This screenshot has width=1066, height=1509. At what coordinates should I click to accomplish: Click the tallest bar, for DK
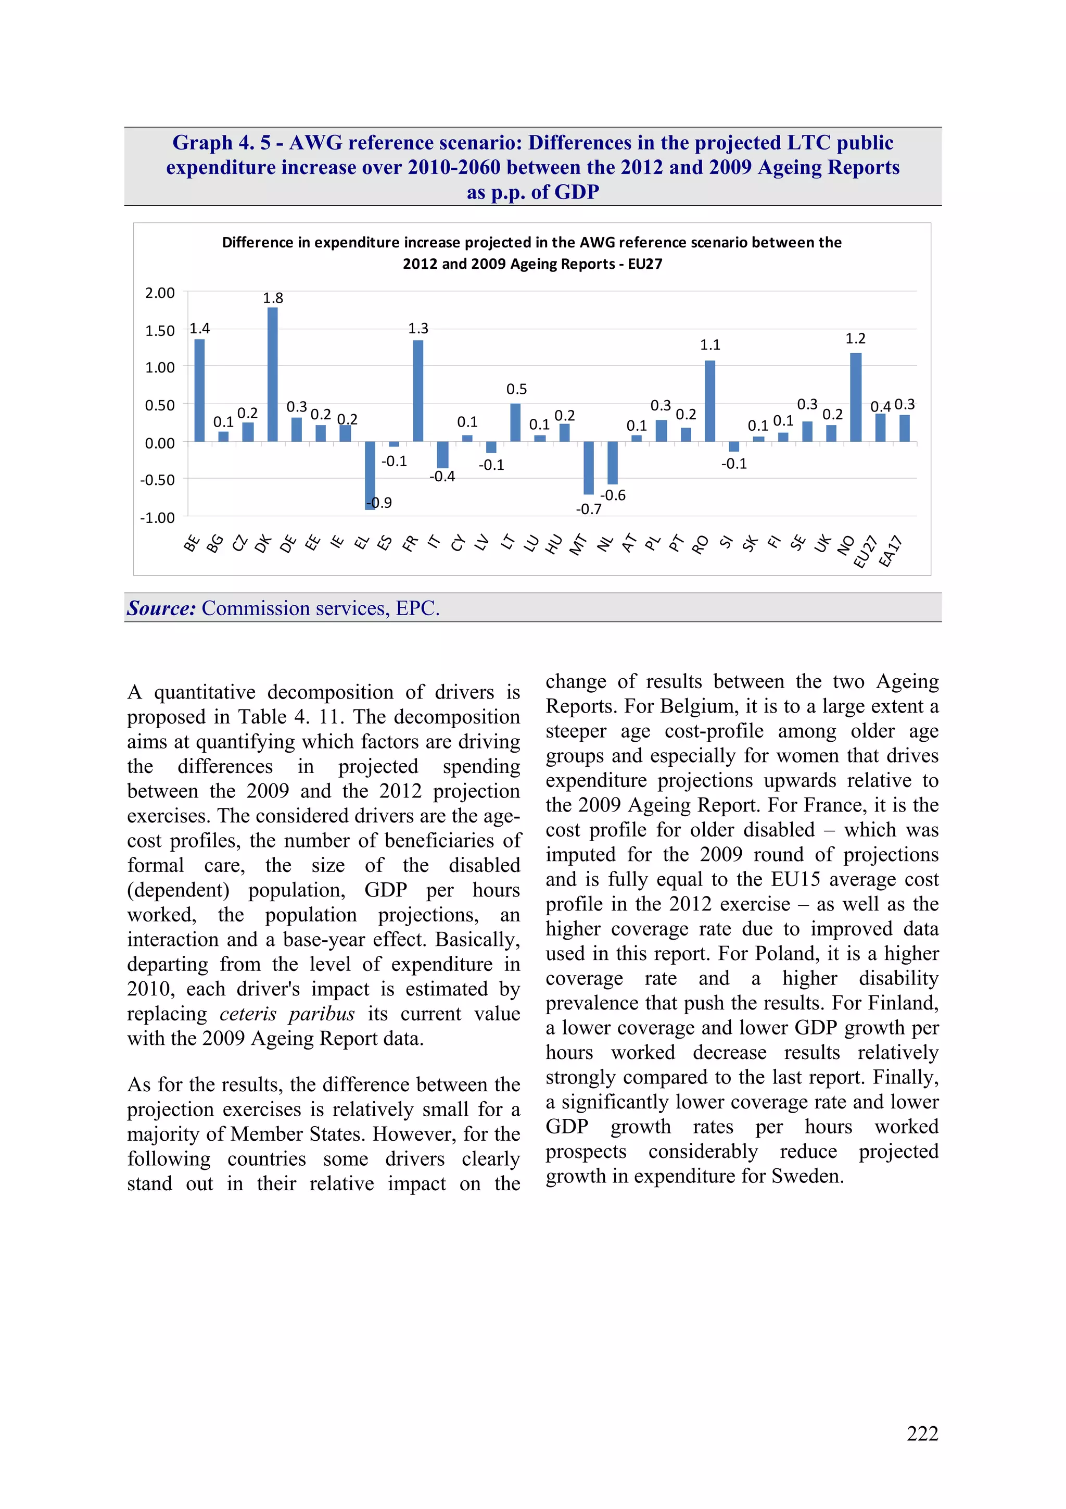tap(273, 375)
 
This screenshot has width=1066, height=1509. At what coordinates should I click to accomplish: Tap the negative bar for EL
tap(370, 475)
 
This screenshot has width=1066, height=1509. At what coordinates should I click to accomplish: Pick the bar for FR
tap(418, 391)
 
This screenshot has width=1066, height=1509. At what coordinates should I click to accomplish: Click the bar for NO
tap(855, 397)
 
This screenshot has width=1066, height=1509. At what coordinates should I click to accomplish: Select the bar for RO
tap(709, 401)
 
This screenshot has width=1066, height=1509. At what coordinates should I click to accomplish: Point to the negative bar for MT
tap(589, 467)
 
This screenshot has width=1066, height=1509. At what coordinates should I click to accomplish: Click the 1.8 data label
tap(273, 298)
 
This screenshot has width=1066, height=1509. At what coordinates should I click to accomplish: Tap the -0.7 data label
tap(589, 509)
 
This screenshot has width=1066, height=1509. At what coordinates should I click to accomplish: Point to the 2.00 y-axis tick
tap(160, 293)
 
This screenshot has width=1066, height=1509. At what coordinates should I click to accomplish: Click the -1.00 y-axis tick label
tap(158, 518)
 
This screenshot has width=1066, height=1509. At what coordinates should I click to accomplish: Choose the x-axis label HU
tap(554, 544)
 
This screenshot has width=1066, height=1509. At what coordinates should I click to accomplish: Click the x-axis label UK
tap(822, 543)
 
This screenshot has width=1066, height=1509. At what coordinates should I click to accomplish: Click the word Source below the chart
tap(161, 608)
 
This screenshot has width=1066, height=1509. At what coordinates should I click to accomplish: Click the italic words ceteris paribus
tap(286, 1014)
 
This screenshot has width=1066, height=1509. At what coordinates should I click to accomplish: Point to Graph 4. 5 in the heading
tap(221, 143)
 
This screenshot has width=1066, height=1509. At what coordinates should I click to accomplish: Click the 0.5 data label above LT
tap(516, 390)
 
